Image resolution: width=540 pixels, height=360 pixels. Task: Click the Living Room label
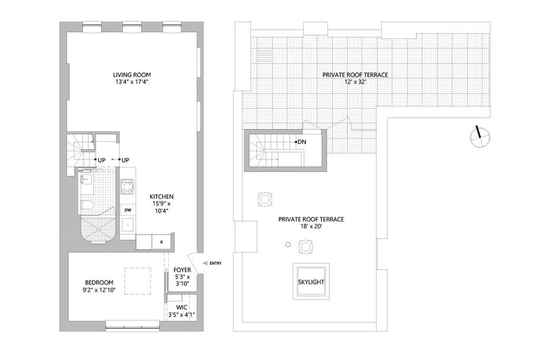(132, 75)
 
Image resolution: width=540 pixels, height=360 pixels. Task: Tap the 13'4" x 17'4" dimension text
(132, 82)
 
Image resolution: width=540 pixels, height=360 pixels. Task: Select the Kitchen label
(161, 197)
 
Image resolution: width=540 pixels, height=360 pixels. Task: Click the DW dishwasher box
(128, 210)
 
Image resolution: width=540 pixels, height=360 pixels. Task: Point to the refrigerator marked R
(161, 242)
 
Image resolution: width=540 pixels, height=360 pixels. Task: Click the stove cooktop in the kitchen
(128, 186)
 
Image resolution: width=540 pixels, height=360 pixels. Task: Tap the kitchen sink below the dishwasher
(128, 226)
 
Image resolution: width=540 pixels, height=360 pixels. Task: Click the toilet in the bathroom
(87, 205)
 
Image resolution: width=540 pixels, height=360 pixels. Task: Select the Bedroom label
(99, 282)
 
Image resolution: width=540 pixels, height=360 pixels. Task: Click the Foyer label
(182, 270)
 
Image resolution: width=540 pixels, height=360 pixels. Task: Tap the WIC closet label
(182, 307)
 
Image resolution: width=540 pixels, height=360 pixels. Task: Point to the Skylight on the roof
(311, 282)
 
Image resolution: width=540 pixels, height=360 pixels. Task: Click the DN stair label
(300, 142)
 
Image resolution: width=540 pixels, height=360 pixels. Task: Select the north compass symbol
(480, 136)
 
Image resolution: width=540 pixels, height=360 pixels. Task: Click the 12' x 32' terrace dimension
(355, 82)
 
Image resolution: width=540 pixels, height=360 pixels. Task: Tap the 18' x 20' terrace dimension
(311, 226)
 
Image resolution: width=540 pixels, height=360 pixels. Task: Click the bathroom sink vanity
(86, 180)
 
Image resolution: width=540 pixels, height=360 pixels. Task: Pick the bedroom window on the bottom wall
(132, 326)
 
